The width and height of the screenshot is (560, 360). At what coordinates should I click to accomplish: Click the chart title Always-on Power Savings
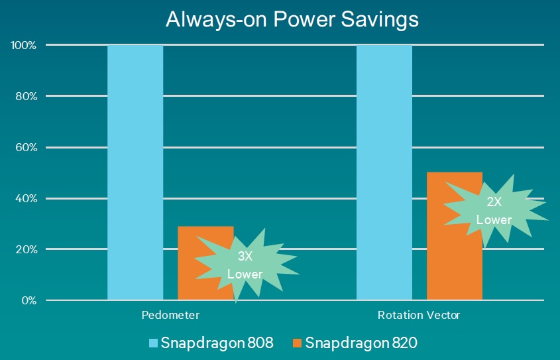pyautogui.click(x=292, y=20)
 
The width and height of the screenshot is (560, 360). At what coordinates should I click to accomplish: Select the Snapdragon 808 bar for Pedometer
pyautogui.click(x=135, y=172)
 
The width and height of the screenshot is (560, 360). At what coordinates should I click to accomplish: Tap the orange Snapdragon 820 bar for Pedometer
pyautogui.click(x=205, y=263)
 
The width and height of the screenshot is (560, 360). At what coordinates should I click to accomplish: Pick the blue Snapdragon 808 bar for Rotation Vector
pyautogui.click(x=384, y=172)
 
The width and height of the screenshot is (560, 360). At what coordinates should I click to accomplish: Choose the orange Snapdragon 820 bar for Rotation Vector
pyautogui.click(x=455, y=236)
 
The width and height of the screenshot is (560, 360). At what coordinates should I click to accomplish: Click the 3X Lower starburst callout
pyautogui.click(x=246, y=265)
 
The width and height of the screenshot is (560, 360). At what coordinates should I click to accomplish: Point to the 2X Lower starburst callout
pyautogui.click(x=495, y=211)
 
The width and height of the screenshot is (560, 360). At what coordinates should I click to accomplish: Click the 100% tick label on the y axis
pyautogui.click(x=24, y=45)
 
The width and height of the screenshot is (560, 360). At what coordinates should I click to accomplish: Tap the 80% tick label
pyautogui.click(x=26, y=96)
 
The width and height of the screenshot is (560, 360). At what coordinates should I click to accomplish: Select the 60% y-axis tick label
pyautogui.click(x=26, y=147)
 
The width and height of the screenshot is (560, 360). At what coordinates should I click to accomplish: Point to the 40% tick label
pyautogui.click(x=26, y=199)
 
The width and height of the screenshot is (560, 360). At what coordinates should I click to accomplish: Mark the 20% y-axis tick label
pyautogui.click(x=26, y=249)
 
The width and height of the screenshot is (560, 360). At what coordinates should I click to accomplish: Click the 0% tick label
pyautogui.click(x=29, y=300)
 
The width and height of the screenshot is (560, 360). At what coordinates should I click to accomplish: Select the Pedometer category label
pyautogui.click(x=170, y=315)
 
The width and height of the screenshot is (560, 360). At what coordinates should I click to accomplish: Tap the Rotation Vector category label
pyautogui.click(x=419, y=315)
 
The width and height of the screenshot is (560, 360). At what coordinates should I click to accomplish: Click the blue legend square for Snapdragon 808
pyautogui.click(x=153, y=343)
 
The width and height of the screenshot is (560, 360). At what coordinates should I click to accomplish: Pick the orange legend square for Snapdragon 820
pyautogui.click(x=297, y=343)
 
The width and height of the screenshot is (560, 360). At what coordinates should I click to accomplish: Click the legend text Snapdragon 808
pyautogui.click(x=217, y=343)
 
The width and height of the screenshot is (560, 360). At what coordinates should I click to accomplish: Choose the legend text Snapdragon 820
pyautogui.click(x=361, y=343)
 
